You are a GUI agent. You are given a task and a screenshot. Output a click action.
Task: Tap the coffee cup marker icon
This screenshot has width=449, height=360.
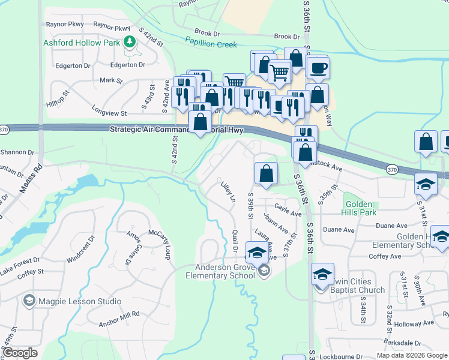(318, 67)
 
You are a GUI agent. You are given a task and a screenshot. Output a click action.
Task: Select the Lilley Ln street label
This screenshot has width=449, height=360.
(228, 191)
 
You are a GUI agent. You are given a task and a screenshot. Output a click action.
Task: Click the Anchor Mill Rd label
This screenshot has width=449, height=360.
(119, 314)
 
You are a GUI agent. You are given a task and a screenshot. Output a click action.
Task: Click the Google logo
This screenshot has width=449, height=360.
(20, 353)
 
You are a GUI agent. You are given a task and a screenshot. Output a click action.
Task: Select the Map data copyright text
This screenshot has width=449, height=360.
(412, 355)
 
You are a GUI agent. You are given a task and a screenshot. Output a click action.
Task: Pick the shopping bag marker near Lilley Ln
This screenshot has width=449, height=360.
(266, 173)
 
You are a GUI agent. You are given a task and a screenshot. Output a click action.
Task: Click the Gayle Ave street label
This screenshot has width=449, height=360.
(288, 209)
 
